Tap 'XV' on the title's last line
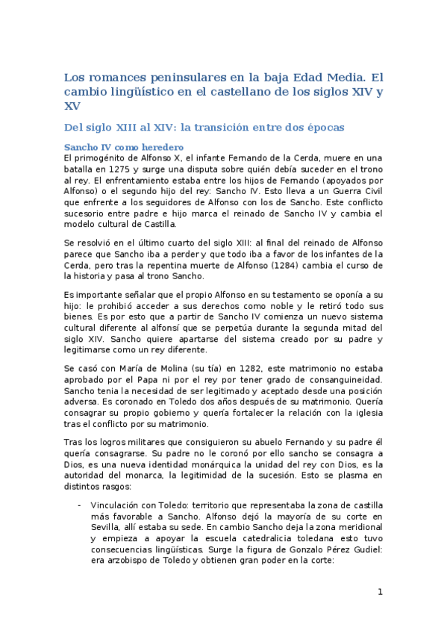pos(72,107)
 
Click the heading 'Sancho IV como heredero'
pos(124,147)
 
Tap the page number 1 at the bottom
pos(380,593)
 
